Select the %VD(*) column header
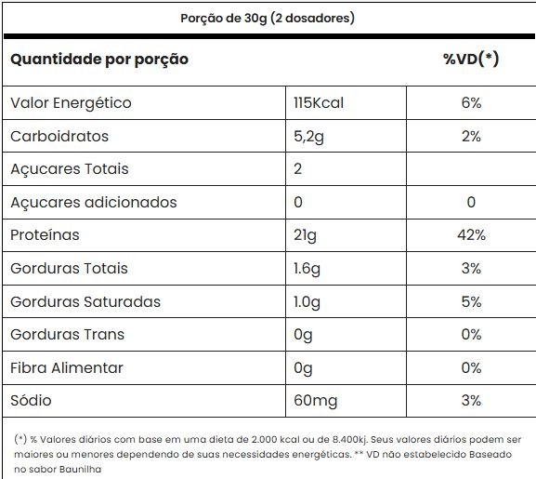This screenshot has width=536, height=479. [471, 59]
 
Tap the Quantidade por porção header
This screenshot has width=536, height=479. [99, 60]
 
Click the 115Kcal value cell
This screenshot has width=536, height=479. [319, 102]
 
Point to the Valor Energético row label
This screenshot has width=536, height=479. [71, 103]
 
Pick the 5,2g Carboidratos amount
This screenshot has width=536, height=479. [308, 137]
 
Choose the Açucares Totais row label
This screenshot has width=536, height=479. [70, 169]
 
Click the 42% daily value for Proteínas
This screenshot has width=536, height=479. [471, 235]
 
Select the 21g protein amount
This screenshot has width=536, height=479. [305, 235]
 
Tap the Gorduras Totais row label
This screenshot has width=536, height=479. [69, 268]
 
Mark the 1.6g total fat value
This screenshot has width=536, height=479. [307, 269]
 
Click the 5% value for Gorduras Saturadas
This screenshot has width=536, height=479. [471, 301]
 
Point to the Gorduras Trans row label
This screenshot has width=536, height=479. [67, 334]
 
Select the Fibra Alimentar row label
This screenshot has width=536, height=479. [67, 367]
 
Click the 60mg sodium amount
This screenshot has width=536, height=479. [316, 401]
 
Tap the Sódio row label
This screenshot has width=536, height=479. [31, 400]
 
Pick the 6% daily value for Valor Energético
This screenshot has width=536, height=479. [471, 102]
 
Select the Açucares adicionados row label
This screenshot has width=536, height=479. [94, 202]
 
